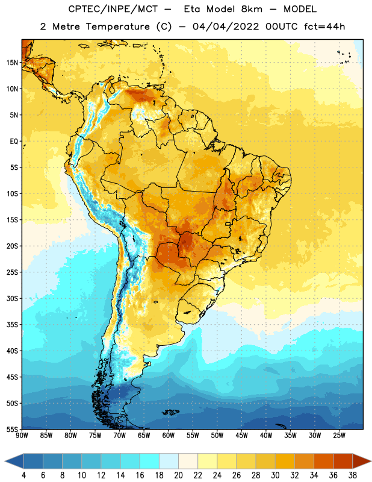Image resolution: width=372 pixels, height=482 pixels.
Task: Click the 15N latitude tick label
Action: tap(12, 63)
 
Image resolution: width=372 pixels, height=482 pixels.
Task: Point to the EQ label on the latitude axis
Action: tap(14, 142)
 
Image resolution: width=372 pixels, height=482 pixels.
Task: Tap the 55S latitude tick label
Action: tap(12, 429)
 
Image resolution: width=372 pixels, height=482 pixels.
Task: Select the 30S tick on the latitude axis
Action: tap(12, 298)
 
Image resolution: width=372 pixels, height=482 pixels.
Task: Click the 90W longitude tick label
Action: tap(22, 436)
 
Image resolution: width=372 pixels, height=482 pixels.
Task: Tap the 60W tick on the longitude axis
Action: tap(169, 436)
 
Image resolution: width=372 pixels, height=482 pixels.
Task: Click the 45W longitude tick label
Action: tap(241, 436)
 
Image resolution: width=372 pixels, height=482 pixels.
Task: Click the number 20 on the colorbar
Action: tap(178, 475)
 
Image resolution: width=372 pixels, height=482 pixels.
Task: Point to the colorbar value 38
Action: tap(352, 475)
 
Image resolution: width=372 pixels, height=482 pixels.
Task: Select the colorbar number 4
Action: tap(23, 475)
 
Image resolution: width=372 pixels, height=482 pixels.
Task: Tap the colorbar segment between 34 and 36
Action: tap(323, 461)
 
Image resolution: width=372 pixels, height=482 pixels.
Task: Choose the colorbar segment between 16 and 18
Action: tap(149, 461)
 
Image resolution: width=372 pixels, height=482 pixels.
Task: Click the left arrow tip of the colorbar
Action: tap(5, 461)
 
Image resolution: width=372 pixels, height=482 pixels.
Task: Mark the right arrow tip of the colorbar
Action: tap(371, 461)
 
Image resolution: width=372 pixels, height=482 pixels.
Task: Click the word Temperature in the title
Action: tap(117, 27)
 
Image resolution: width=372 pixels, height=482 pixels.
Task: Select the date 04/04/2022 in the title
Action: tap(226, 27)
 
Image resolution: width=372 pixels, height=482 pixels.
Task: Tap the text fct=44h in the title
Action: tap(324, 27)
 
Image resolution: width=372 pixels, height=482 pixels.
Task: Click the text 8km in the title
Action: tap(252, 9)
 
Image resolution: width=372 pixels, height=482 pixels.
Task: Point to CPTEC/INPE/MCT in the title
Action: tap(113, 10)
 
